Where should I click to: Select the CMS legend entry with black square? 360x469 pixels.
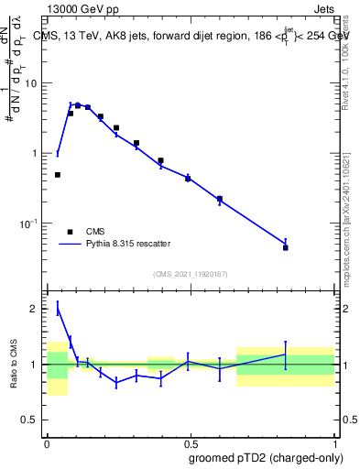pyautogui.click(x=70, y=232)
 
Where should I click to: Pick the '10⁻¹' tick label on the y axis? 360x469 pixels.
pyautogui.click(x=32, y=223)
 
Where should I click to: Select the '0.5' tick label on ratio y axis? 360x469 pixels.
pyautogui.click(x=32, y=420)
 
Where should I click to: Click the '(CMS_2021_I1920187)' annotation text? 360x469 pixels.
pyautogui.click(x=190, y=273)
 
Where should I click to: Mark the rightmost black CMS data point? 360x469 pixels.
pyautogui.click(x=286, y=247)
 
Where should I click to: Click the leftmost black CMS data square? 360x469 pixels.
pyautogui.click(x=58, y=174)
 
